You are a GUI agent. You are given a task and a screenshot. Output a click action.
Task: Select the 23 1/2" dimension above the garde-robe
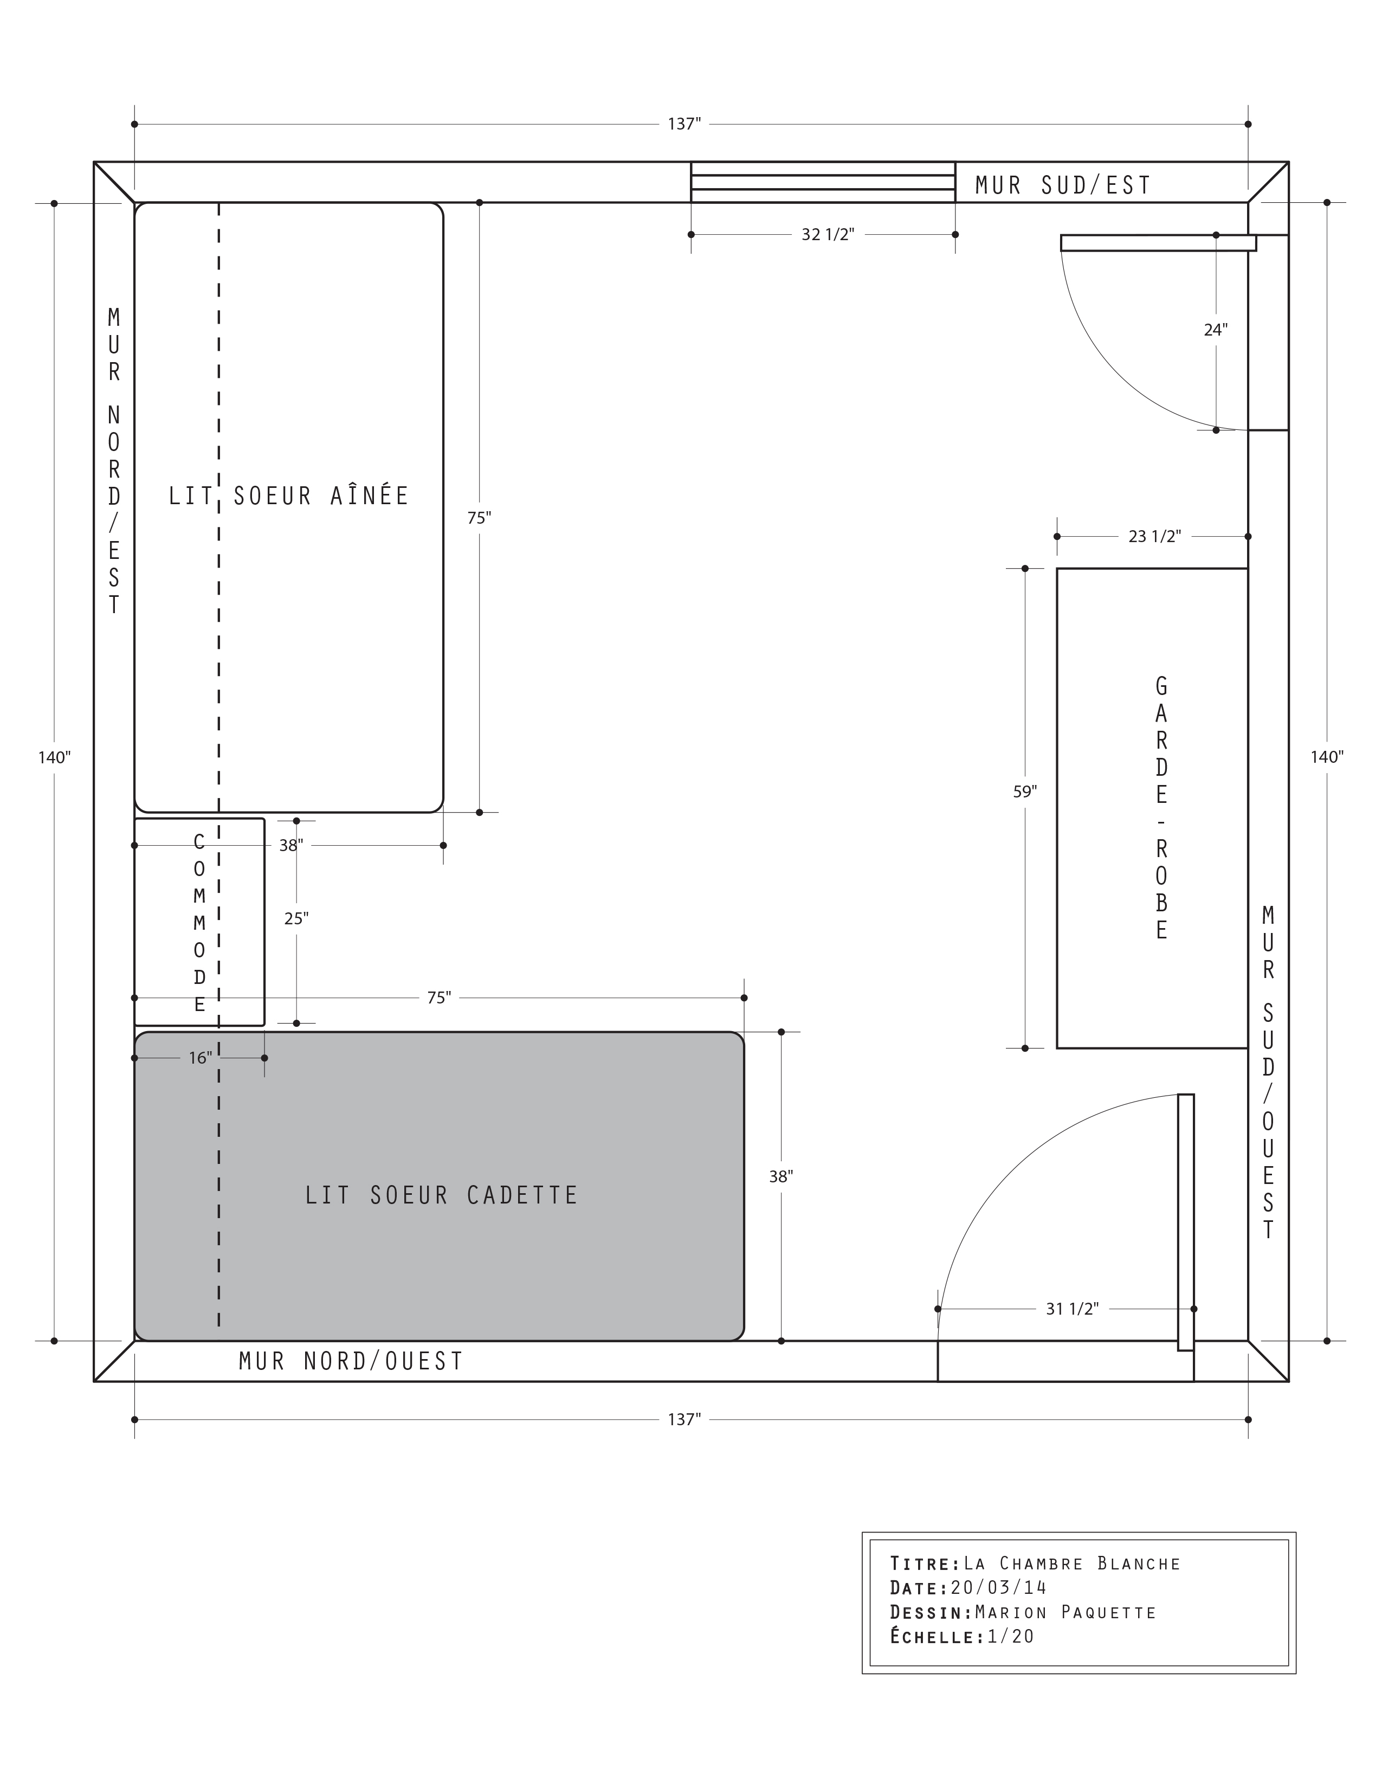1154,537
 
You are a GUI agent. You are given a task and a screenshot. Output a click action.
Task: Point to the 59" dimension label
1025,791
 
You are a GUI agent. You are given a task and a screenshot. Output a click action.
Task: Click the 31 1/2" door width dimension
1071,1309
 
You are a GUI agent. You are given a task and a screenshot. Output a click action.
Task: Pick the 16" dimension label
201,1058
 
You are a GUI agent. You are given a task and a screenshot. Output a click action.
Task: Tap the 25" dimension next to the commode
296,919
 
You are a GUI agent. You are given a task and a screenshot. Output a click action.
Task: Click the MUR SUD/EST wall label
1063,186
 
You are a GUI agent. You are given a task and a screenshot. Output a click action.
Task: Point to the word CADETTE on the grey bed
522,1195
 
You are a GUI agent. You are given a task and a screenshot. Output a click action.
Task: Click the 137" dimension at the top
684,124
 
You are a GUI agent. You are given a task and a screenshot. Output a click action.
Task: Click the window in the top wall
823,182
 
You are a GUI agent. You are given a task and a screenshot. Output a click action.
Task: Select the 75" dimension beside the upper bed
479,518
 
